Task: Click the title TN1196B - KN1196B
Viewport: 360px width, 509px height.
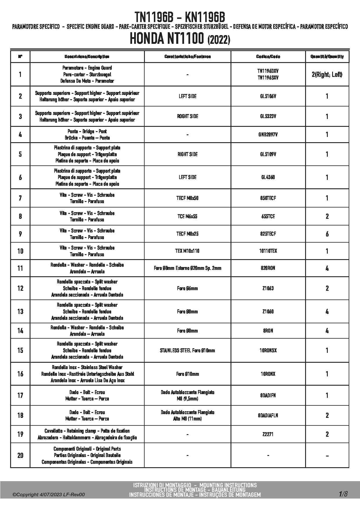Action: pos(180,17)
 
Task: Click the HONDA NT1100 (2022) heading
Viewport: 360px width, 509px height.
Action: pos(180,39)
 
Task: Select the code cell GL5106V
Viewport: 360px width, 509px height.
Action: pos(268,96)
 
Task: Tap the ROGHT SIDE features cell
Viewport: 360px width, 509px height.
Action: pos(188,116)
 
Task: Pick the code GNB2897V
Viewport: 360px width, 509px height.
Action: pos(268,135)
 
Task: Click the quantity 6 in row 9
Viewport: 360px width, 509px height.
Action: pos(327,234)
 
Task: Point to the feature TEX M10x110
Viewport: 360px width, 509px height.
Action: pos(187,251)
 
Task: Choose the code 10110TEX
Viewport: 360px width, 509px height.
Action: pos(268,251)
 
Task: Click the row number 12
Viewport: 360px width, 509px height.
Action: pos(20,288)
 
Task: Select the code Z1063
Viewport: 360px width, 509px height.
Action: pos(268,288)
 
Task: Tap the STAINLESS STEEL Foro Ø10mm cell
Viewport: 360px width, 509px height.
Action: pos(187,351)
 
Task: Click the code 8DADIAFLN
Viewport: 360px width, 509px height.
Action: pos(268,416)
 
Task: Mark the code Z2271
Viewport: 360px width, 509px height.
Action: pos(268,434)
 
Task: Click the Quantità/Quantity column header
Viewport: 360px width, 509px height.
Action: pos(327,57)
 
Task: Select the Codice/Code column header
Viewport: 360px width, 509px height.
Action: pos(268,57)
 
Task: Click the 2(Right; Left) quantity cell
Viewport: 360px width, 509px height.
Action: pos(327,75)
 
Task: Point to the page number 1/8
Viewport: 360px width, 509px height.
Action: pos(343,494)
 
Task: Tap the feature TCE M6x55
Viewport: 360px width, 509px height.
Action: pos(187,216)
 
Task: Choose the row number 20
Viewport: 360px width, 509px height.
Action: pos(20,455)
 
